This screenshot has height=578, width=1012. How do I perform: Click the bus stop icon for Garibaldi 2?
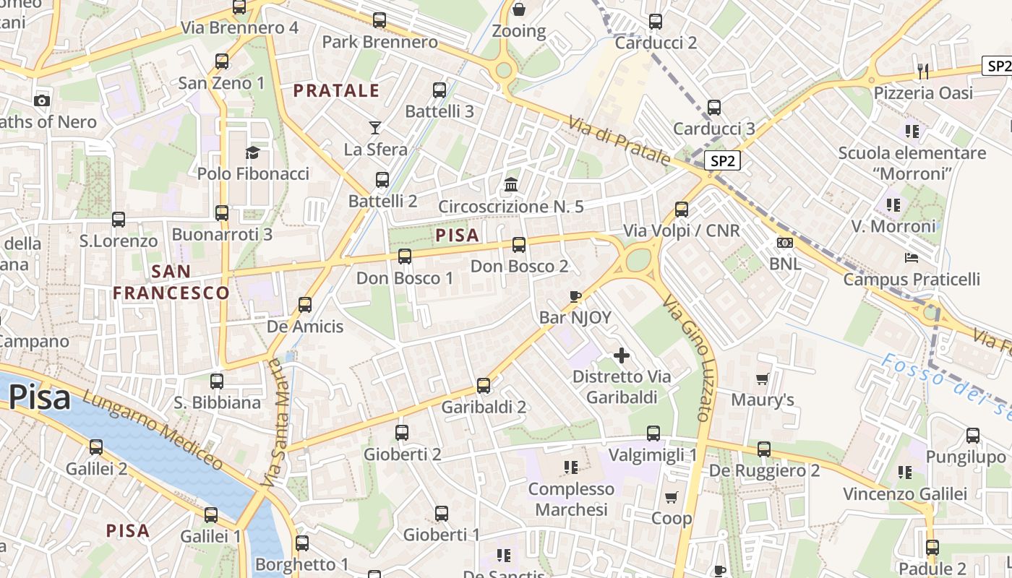coord(484,386)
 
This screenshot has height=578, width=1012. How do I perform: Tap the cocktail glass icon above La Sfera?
coord(374,128)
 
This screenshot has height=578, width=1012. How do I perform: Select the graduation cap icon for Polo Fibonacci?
coord(252,152)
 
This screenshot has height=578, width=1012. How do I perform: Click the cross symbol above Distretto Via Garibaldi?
coord(621,355)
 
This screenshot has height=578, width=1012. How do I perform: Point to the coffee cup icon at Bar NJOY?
coord(575,296)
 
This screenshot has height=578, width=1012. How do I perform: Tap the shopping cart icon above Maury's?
coord(762,379)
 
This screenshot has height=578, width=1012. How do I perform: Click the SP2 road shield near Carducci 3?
coord(722,161)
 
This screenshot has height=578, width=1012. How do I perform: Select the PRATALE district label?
coord(336,90)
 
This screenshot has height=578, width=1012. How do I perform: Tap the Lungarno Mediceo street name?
coord(152,430)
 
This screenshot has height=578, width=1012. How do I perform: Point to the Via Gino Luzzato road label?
coord(695,358)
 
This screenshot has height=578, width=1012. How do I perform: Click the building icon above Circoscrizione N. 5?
coord(511,185)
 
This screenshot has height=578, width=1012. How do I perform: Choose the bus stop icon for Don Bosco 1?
coord(405,256)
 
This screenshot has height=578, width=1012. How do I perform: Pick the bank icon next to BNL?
coord(784,242)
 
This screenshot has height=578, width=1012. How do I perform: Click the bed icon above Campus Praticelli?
coord(911,258)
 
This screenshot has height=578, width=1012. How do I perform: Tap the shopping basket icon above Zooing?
coord(518,9)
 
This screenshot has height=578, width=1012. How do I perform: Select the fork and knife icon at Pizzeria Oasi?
coord(923,71)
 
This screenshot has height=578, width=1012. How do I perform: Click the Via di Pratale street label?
coord(619,141)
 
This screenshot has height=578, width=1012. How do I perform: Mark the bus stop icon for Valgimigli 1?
coord(653,433)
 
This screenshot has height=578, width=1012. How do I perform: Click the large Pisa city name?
coord(40,397)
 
